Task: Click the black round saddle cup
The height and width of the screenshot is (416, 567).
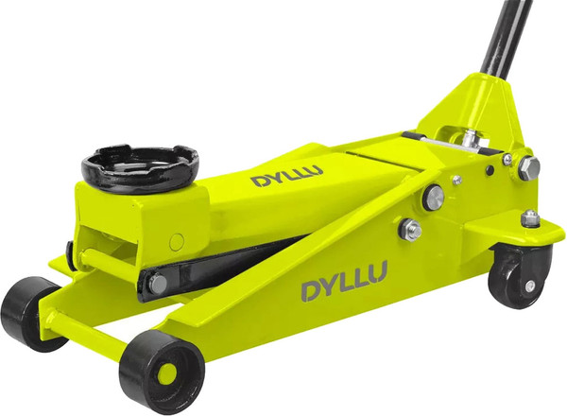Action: point(140,168)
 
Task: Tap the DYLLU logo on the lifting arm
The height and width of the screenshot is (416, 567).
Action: point(286,176)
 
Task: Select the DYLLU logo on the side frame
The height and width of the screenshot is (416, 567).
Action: point(344,281)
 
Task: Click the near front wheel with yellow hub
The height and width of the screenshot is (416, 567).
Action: point(162,372)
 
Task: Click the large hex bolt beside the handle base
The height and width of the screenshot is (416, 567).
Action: point(528,168)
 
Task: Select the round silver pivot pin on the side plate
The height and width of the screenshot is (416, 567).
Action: point(433,198)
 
